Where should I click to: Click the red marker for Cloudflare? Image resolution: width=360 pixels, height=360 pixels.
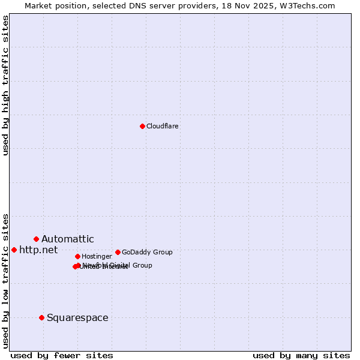point(142,126)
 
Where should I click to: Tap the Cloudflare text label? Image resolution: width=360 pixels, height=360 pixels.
point(162,126)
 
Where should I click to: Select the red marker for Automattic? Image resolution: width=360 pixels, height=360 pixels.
point(36,239)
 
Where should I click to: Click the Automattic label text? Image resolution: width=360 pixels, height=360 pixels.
point(67,239)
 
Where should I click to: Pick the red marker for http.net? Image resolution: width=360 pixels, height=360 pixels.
point(14,250)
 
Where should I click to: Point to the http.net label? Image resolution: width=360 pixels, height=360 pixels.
point(38,250)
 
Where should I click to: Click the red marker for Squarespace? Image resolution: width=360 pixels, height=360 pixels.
point(41,317)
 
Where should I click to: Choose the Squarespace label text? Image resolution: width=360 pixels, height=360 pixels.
point(77,317)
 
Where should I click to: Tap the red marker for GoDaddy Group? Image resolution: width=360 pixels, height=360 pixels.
point(118,252)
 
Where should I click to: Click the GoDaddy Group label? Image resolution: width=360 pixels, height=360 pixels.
point(147,252)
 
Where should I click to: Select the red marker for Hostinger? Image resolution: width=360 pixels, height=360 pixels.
point(77,256)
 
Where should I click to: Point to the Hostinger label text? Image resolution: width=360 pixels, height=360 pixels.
point(97,256)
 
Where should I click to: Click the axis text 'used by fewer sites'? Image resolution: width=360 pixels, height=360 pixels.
point(62,355)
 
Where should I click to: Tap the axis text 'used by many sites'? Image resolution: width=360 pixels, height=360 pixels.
point(301,355)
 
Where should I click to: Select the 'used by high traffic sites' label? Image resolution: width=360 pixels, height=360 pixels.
point(6,85)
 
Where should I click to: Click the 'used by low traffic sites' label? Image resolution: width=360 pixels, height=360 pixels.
point(6,281)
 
